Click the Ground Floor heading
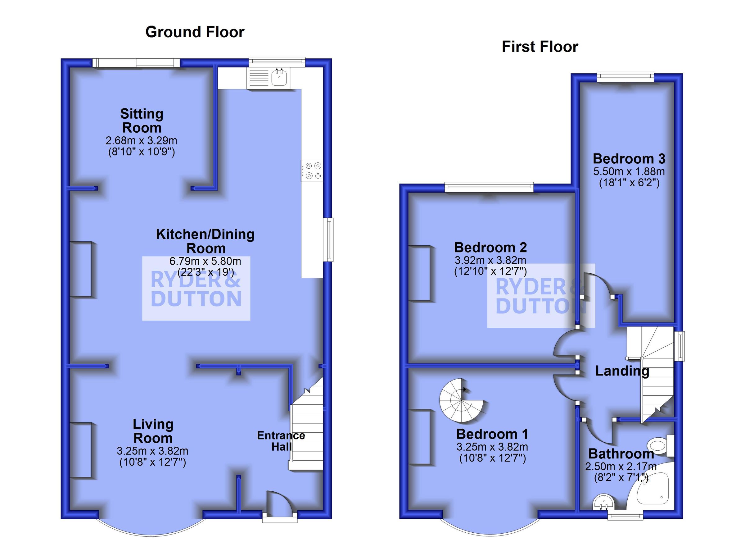tap(195, 32)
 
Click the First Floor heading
tap(540, 47)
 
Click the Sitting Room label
tap(142, 121)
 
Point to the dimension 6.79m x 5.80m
tap(205, 261)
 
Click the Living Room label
tap(153, 431)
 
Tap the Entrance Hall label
tap(281, 441)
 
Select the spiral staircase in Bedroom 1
tap(461, 405)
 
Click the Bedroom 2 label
tap(490, 247)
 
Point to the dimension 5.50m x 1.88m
tap(629, 171)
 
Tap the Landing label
tap(622, 371)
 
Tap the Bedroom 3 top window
tap(625, 77)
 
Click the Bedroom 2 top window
tap(489, 187)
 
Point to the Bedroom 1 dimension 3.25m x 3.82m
tap(492, 447)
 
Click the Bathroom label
tap(621, 454)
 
